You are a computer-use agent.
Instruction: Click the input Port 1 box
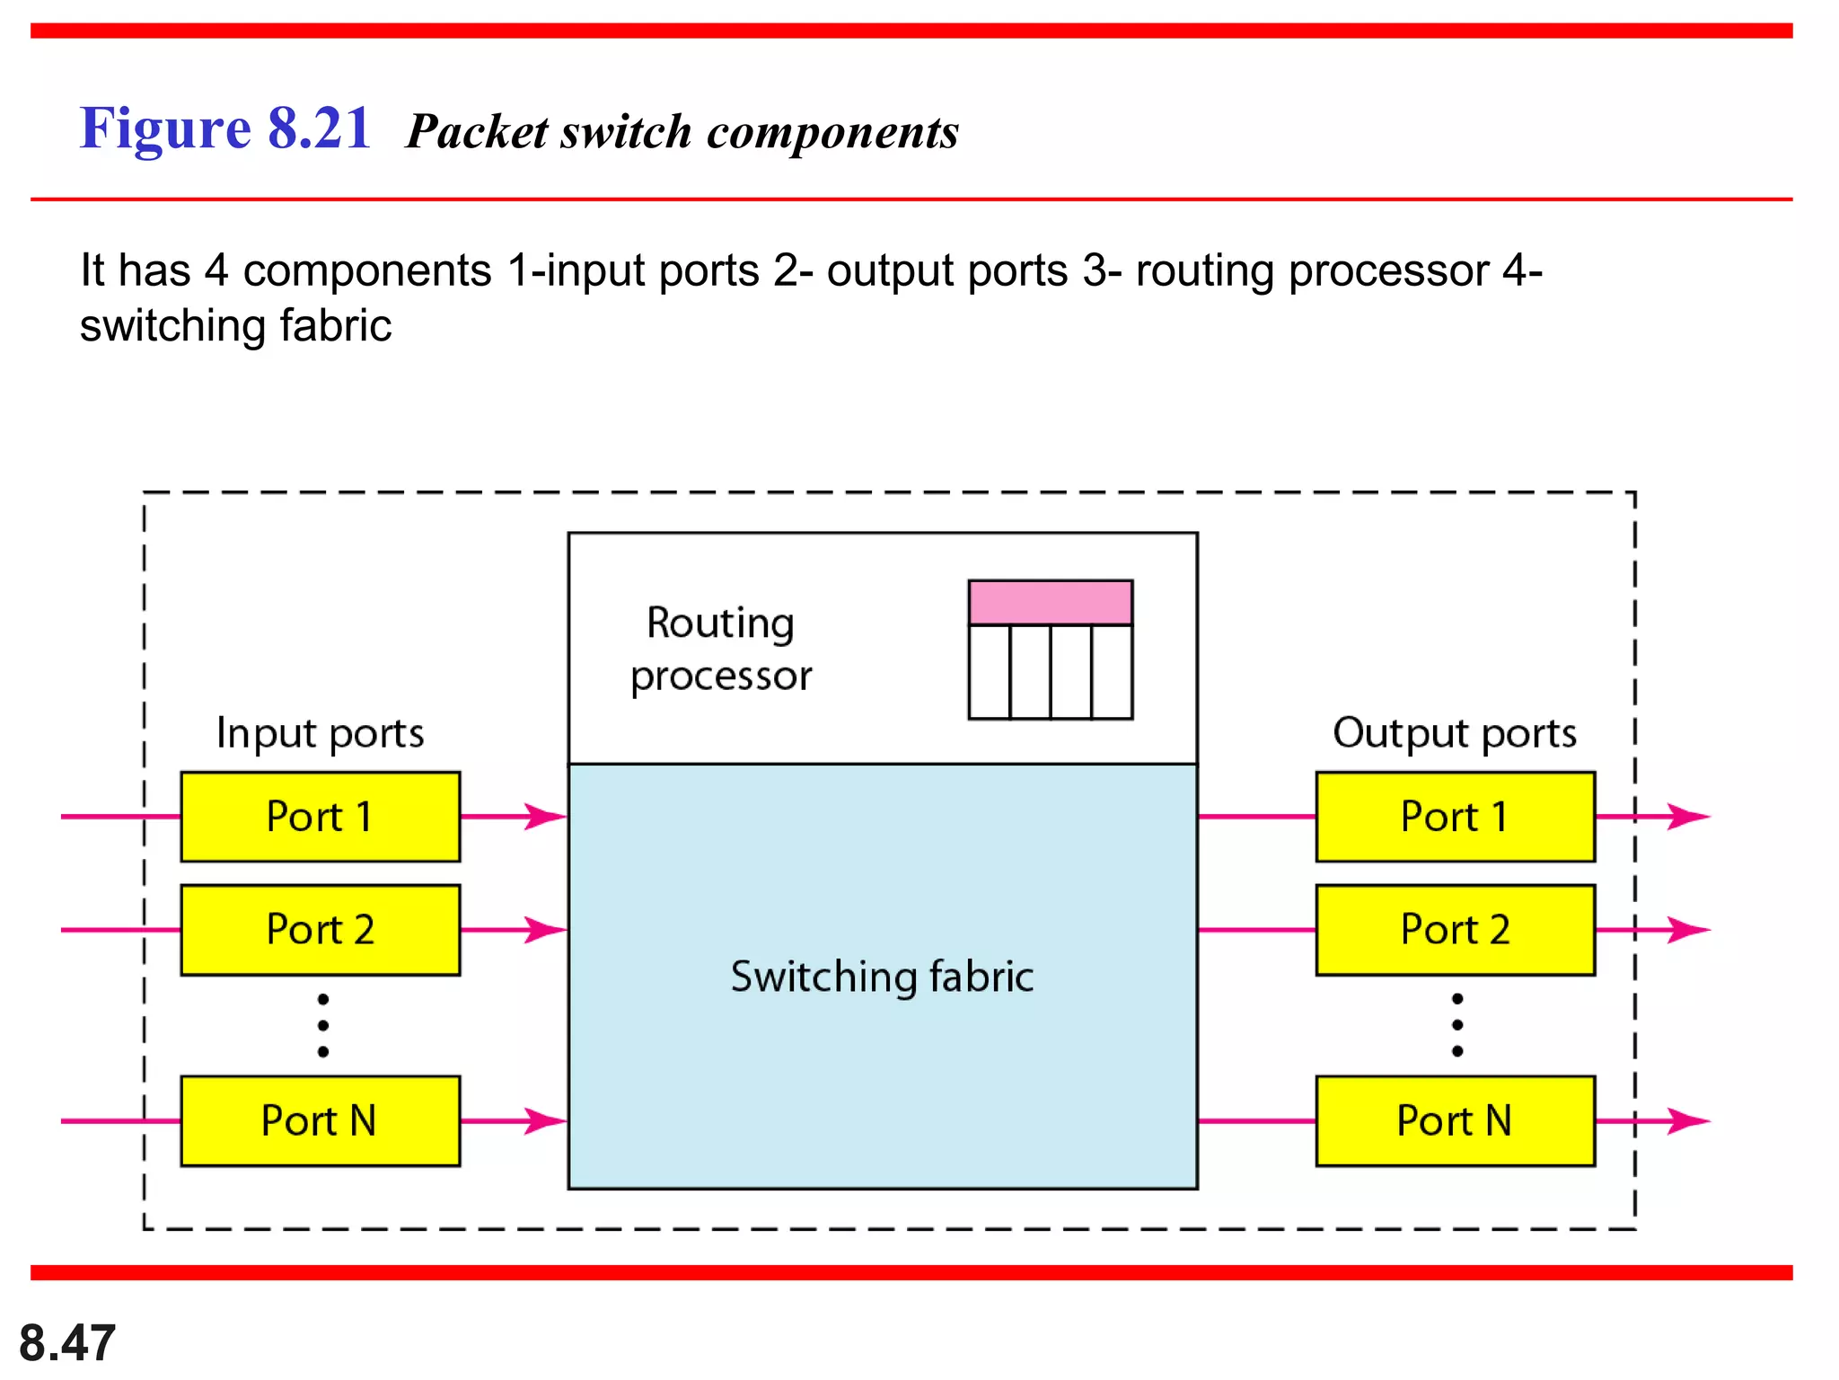coord(320,817)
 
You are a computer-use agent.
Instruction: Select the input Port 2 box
coord(320,930)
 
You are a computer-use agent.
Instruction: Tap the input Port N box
coord(320,1121)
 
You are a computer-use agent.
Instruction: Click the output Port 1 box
coord(1455,817)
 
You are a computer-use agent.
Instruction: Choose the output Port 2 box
coord(1455,930)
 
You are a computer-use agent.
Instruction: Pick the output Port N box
coord(1455,1121)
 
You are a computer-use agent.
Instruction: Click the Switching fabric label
coord(882,977)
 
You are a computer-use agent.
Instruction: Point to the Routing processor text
coord(721,649)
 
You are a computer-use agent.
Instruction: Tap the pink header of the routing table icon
coord(1050,603)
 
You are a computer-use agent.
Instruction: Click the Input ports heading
coord(320,733)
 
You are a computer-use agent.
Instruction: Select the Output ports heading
coord(1455,733)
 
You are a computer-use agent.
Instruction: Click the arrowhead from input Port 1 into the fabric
coord(545,817)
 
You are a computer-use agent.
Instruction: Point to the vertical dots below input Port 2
coord(323,1025)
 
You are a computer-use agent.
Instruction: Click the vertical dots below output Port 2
coord(1457,1025)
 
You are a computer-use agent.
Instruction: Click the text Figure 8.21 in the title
coord(225,128)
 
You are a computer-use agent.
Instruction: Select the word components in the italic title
coord(832,133)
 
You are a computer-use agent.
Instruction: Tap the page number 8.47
coord(67,1343)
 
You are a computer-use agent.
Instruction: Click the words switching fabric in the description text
coord(235,325)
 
